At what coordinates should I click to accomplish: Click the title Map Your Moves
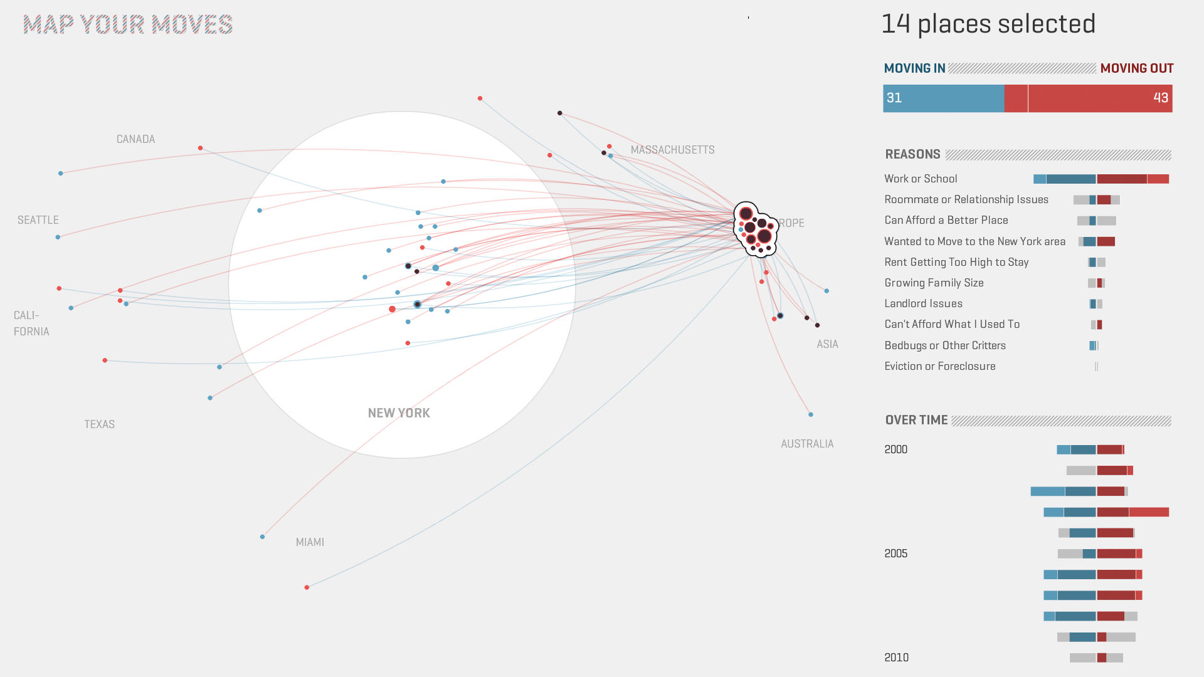[128, 25]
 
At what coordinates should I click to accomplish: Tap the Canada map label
[135, 139]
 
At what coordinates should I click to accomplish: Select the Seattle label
[38, 220]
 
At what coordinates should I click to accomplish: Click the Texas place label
[100, 424]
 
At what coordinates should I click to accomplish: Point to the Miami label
[310, 542]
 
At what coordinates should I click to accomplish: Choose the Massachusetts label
[672, 150]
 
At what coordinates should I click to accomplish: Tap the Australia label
[807, 444]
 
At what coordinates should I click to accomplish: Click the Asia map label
[827, 344]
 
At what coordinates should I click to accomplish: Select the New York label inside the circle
[399, 413]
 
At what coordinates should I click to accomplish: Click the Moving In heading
[914, 68]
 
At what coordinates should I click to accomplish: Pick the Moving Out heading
[1136, 68]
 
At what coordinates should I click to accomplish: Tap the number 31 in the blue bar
[894, 98]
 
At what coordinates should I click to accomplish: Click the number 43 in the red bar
[1160, 98]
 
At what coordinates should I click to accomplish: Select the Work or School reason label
[921, 179]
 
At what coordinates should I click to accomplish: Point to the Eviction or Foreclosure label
[939, 366]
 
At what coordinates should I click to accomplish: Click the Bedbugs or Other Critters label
[944, 345]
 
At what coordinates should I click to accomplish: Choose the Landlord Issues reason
[923, 303]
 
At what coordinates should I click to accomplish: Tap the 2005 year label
[895, 554]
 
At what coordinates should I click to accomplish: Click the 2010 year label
[896, 658]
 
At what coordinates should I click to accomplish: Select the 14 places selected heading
[988, 24]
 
